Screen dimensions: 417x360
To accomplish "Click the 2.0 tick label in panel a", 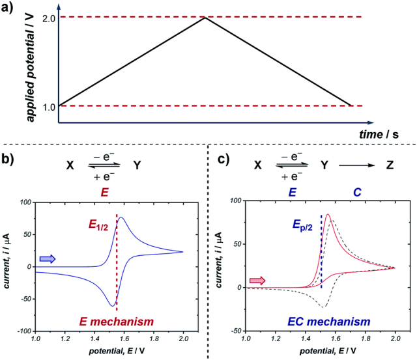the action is tap(48, 19).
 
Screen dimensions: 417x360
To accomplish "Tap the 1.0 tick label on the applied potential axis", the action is tap(48, 107).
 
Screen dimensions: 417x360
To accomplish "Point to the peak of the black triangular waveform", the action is tap(205, 18).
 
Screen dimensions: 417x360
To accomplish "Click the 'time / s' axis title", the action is tap(379, 134).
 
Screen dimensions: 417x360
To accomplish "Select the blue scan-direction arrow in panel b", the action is tap(48, 258).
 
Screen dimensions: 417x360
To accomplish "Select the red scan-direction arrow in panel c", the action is tap(257, 281).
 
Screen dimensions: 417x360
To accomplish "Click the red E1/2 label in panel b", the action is tap(98, 225).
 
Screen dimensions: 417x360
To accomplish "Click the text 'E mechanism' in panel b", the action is tap(117, 322).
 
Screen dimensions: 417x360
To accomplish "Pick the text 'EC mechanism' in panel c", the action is tap(329, 322).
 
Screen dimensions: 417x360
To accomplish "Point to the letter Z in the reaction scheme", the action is tap(390, 165).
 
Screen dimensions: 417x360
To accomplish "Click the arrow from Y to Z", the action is tap(356, 165).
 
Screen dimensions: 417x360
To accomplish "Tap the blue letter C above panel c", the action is tap(357, 192).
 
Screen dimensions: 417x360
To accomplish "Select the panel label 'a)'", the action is tap(7, 7).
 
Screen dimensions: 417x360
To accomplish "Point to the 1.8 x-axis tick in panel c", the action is tap(366, 339).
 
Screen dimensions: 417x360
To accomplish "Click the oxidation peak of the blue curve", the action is tap(122, 217).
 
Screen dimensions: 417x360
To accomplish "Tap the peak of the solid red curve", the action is tap(328, 214).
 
